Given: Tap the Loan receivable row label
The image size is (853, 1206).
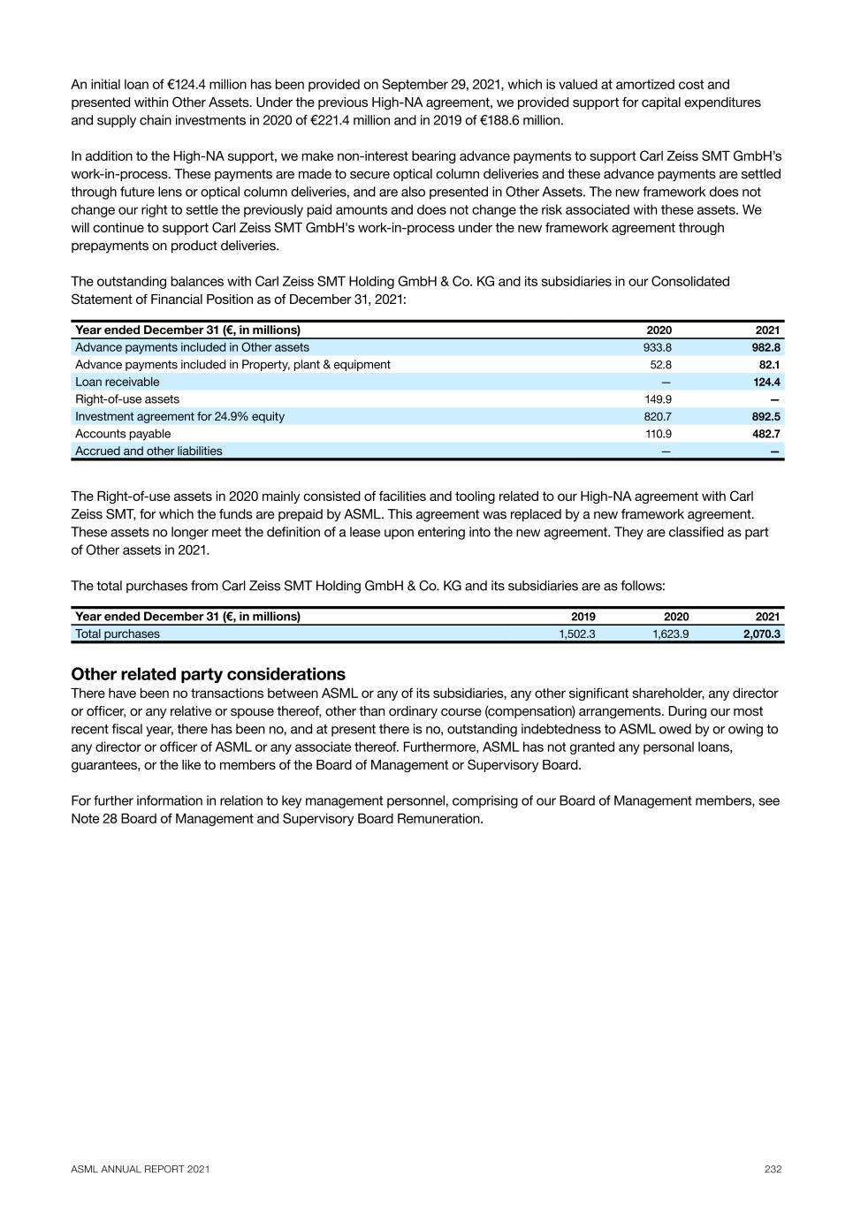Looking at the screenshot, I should (x=118, y=382).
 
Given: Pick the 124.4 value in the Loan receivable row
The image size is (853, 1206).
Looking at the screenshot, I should (x=765, y=382).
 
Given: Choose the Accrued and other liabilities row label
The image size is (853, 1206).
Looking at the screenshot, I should (x=149, y=451).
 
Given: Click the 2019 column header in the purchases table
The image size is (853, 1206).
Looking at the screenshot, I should (x=583, y=617).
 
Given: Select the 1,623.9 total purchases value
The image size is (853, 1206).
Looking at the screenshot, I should (x=670, y=633).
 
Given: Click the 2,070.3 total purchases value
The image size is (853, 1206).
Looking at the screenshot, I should (x=761, y=633).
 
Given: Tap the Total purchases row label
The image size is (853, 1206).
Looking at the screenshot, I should (x=118, y=633).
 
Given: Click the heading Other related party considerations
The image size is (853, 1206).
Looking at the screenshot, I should (x=208, y=675).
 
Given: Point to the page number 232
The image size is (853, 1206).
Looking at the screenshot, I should (x=773, y=1169).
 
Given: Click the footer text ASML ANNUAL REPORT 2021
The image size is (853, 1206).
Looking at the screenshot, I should (x=141, y=1169).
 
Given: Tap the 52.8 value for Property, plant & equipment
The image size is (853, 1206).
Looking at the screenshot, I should (x=660, y=365).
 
